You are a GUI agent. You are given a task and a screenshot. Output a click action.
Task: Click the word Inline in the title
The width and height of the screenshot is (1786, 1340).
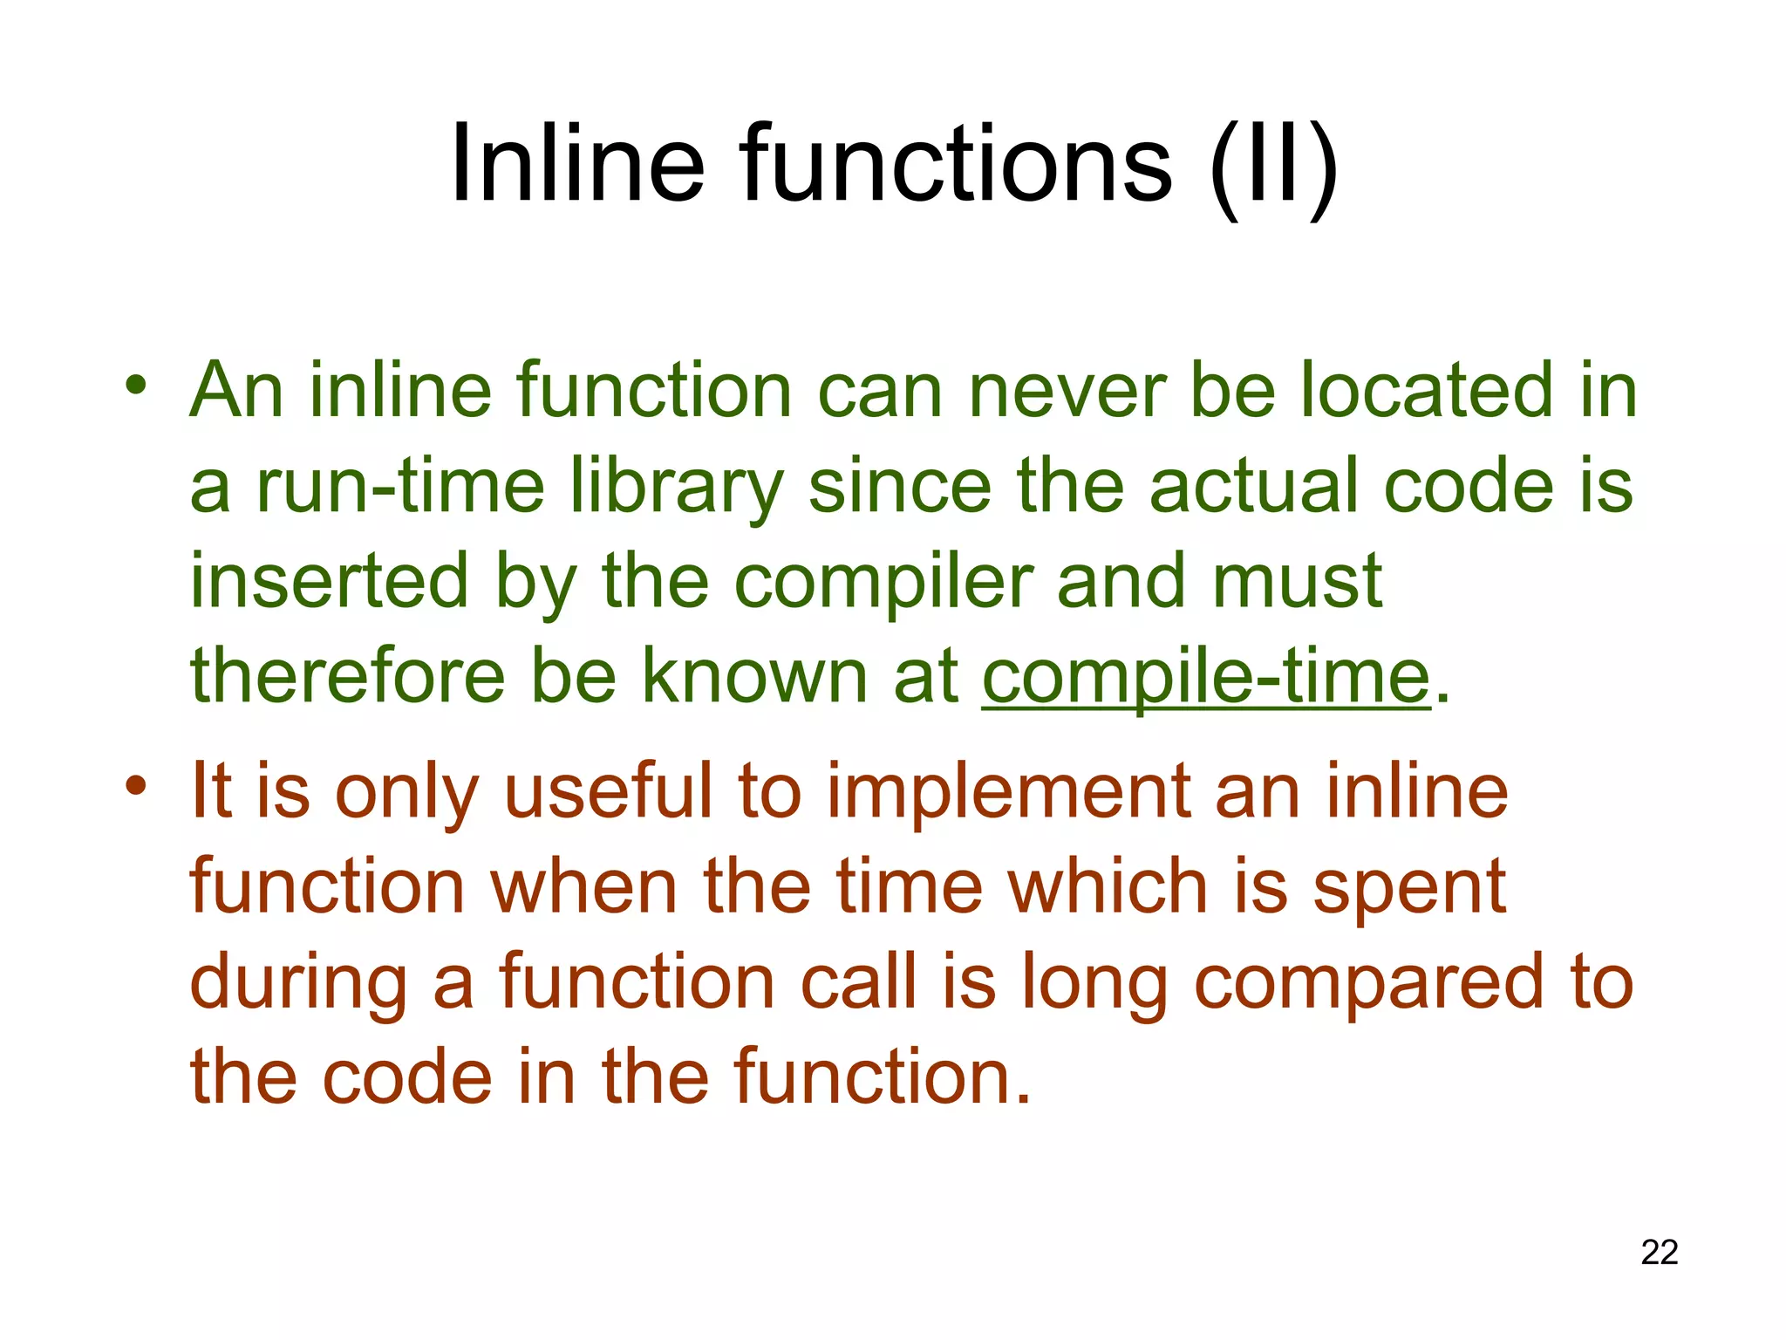click(576, 164)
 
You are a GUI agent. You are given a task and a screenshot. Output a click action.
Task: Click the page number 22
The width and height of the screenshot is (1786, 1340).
click(1659, 1252)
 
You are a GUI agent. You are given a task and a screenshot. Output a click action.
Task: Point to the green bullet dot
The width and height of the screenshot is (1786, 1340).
click(135, 384)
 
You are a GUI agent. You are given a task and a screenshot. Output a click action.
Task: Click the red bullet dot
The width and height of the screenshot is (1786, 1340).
click(135, 784)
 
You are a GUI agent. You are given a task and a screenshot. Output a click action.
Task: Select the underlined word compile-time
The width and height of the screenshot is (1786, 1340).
click(1206, 676)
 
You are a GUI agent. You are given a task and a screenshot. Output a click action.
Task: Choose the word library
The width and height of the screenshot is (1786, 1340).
click(677, 487)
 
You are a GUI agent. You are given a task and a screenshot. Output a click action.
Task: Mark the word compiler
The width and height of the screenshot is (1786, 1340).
click(883, 582)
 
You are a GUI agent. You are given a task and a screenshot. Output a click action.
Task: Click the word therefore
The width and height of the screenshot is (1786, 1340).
click(348, 676)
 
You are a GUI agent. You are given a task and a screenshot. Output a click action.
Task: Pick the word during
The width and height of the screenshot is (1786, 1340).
click(299, 983)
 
